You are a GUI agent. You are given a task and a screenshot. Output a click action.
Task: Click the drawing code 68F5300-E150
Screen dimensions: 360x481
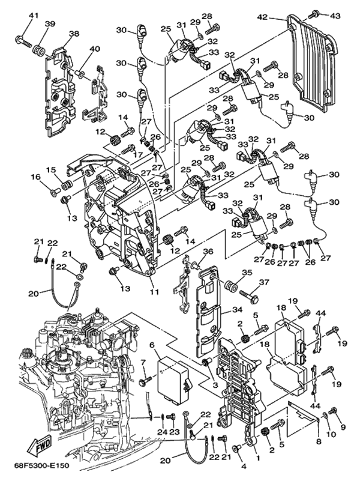[41, 466]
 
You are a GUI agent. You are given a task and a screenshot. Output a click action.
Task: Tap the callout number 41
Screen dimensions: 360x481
[34, 16]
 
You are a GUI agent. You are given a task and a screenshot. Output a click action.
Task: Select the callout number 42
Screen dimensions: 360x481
[262, 17]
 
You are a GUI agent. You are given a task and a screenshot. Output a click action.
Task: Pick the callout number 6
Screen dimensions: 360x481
[151, 345]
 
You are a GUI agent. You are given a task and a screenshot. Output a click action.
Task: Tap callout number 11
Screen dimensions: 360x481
[154, 292]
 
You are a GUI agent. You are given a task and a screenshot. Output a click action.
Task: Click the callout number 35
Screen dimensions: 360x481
[247, 272]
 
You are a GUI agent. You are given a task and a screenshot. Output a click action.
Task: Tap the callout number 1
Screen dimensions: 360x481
[257, 458]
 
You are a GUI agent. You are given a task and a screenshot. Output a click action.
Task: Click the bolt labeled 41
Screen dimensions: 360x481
[23, 41]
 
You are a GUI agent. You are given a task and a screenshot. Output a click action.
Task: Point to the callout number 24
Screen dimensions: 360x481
[162, 432]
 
